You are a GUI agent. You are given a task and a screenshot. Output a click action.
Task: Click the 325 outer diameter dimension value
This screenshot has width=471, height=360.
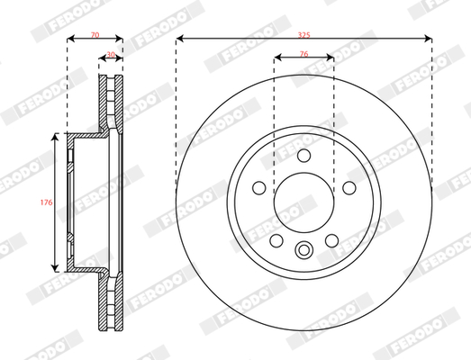[303, 32]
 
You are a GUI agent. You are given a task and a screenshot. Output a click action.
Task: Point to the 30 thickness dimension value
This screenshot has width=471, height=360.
[111, 55]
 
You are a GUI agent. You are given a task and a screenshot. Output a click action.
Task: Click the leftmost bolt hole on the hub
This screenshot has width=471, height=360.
[258, 188]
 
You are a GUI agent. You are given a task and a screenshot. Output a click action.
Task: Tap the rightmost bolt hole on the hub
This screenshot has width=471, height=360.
[348, 188]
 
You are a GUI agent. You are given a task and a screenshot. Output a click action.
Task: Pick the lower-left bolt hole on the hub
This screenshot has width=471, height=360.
[276, 240]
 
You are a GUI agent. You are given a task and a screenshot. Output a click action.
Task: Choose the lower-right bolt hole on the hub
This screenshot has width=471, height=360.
[331, 240]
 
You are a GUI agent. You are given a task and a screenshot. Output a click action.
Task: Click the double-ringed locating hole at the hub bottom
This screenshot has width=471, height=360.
[303, 251]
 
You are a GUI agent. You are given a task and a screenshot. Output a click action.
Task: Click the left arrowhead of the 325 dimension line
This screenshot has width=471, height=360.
[179, 39]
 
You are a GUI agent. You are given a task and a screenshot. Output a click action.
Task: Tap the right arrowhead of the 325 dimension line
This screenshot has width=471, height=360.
[428, 39]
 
